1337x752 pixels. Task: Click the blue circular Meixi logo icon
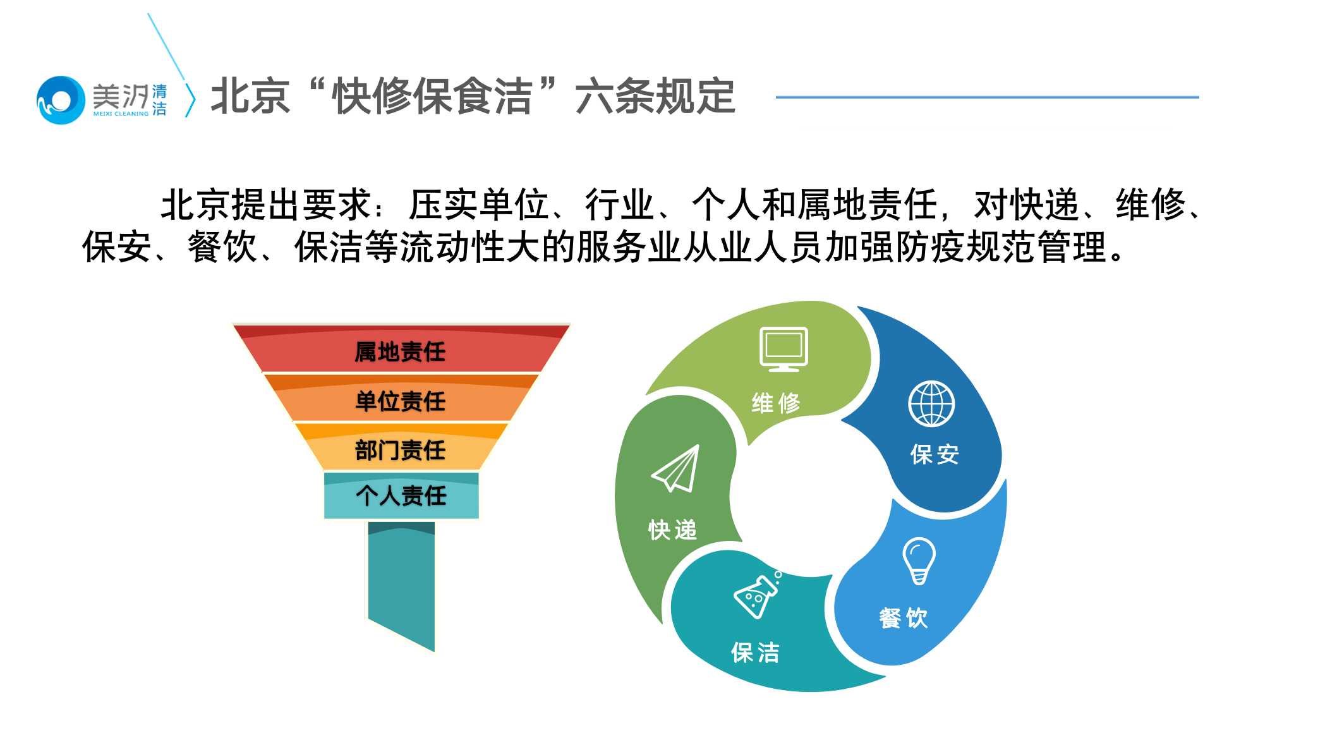(61, 100)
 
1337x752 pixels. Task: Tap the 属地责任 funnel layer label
(400, 352)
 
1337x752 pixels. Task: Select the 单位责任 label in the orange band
(400, 401)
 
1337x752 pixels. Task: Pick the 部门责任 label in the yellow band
(400, 451)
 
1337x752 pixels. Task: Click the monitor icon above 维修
(783, 348)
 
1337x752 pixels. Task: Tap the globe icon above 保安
(931, 404)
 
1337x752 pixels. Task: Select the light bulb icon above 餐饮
(919, 560)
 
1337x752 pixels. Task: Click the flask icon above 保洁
(757, 595)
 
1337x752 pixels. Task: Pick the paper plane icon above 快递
(677, 468)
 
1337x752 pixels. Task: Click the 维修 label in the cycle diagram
(776, 403)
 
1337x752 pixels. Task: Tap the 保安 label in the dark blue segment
(935, 454)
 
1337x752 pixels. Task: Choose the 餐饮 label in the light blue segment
(904, 617)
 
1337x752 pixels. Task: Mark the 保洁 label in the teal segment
(756, 653)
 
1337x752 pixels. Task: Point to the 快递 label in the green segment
(673, 530)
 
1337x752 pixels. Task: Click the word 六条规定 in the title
(655, 97)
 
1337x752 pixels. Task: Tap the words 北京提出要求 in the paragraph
(266, 205)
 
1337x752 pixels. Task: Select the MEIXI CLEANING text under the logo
(121, 114)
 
